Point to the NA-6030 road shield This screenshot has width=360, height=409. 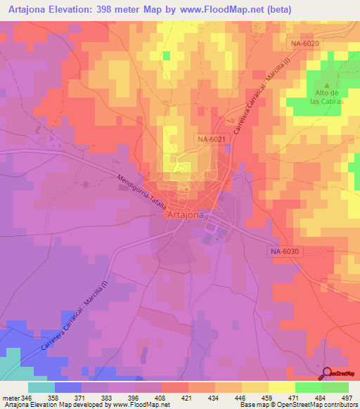coord(284,251)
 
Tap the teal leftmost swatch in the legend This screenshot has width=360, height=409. coord(41,387)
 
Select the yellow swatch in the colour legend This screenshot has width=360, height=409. coord(281,387)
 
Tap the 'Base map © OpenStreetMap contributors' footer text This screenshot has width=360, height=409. coord(298,404)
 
